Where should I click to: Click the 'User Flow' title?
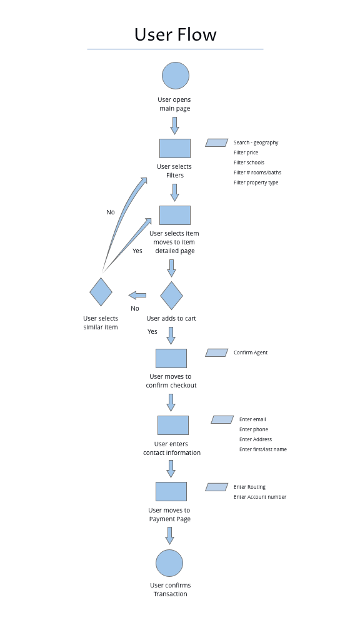coord(175,34)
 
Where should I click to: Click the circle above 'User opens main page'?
coord(176,76)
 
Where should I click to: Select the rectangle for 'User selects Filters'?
coord(175,148)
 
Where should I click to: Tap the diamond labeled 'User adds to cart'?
coord(171,296)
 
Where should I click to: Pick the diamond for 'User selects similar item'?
coord(101,292)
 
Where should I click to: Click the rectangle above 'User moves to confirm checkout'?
coord(171,358)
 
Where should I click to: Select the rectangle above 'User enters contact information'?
coord(172,425)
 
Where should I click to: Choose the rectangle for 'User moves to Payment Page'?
coord(171,491)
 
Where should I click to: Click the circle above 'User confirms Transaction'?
coord(169,563)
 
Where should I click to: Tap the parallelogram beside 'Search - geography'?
coord(216,142)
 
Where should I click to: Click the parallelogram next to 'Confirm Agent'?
coord(216,352)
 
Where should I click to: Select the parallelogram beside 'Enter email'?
coord(222,419)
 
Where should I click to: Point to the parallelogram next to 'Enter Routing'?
coord(216,487)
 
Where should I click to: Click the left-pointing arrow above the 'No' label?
coord(137,295)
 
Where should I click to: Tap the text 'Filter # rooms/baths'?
coord(257,172)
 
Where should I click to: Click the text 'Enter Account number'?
coord(260,497)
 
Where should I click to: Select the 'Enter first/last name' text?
coord(263,449)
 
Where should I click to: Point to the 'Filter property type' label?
coord(256,182)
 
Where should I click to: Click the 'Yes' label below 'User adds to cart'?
coord(152,331)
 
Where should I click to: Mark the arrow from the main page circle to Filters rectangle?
coord(174,126)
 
